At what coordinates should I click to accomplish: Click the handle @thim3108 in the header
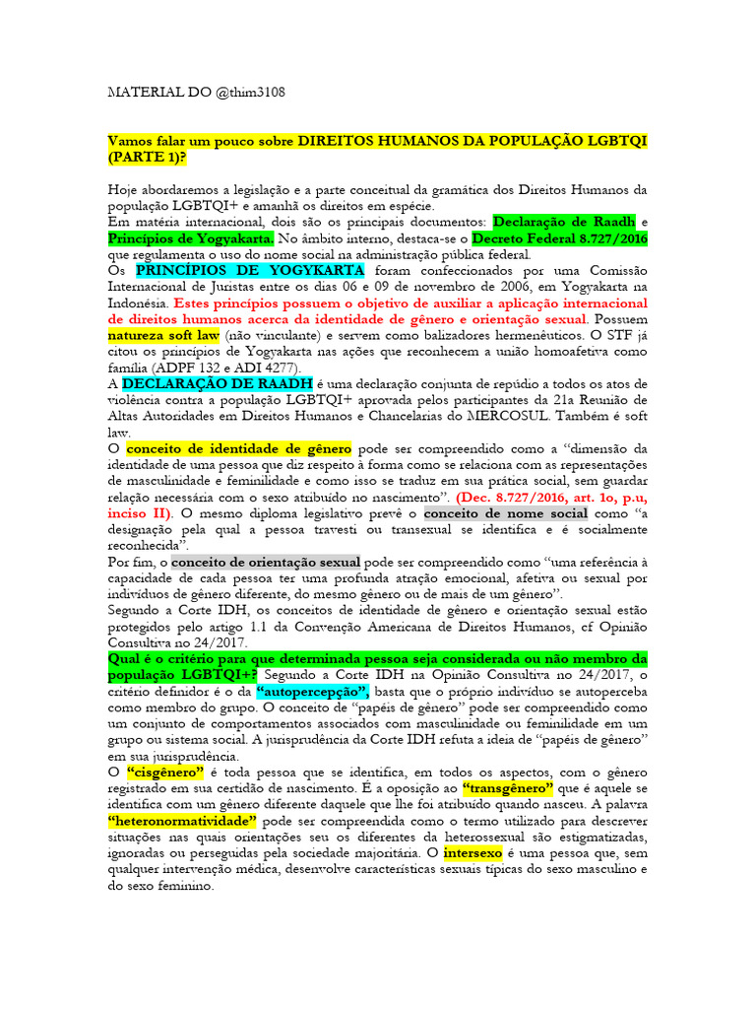coord(247,92)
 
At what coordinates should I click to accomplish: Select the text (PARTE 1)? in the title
coord(149,158)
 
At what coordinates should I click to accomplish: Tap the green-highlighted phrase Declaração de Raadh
coord(564,222)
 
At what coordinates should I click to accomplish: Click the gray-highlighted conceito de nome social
coord(506,513)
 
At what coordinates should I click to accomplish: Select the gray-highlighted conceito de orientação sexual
coord(261,562)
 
